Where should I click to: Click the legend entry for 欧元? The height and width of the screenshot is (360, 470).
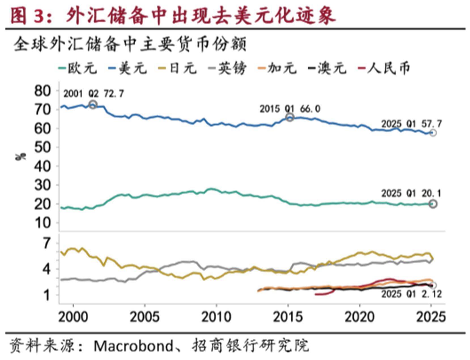click(78, 68)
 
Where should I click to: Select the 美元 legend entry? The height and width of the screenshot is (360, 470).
click(128, 68)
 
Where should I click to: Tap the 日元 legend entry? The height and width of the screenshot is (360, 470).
click(178, 68)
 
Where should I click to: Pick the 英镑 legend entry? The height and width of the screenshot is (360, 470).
click(227, 68)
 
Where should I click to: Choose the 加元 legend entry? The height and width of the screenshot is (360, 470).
click(277, 68)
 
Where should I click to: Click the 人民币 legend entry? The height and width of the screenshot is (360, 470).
click(384, 68)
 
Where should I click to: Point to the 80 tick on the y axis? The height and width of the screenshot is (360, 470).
click(42, 91)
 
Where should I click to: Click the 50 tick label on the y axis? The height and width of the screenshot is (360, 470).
click(42, 147)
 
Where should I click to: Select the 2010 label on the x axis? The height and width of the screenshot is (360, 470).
click(216, 317)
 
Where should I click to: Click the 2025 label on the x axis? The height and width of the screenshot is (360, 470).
click(431, 317)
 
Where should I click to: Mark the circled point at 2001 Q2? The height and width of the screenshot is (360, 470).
click(93, 105)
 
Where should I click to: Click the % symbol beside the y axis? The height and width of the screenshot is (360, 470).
click(20, 157)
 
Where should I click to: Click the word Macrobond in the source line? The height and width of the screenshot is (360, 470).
click(133, 346)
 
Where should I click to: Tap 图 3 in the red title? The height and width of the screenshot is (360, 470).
click(27, 16)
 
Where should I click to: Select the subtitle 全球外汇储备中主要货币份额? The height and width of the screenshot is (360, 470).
click(130, 44)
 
